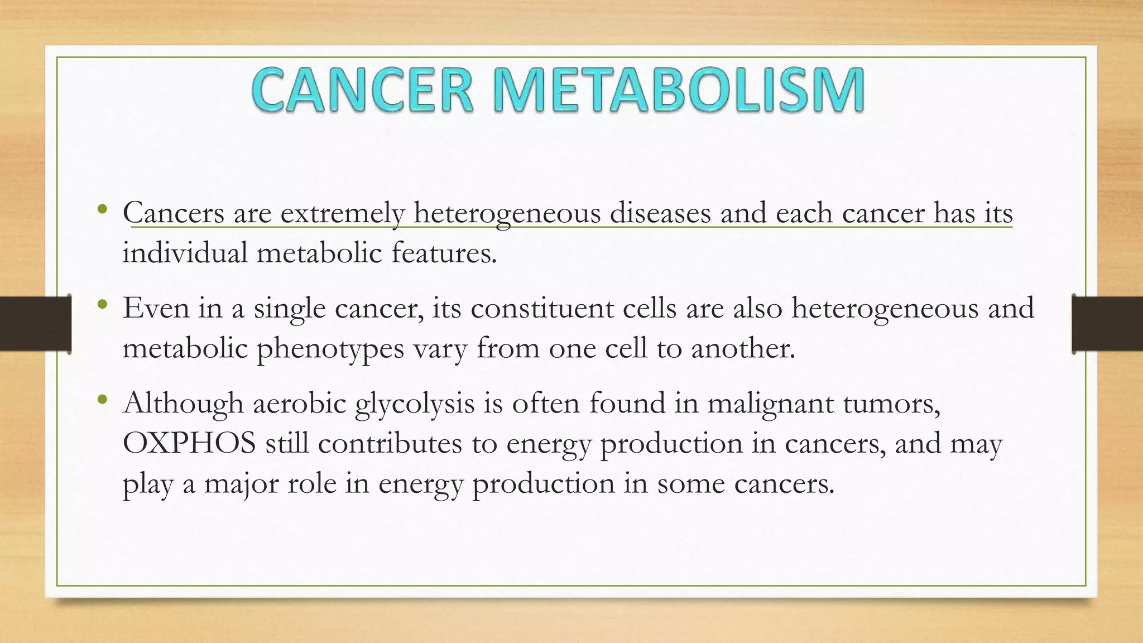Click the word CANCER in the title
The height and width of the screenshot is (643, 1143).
click(363, 89)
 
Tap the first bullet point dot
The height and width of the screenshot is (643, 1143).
click(101, 210)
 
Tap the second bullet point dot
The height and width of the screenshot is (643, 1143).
click(101, 305)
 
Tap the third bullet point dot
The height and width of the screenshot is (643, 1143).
click(101, 400)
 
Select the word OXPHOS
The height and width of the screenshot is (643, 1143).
click(189, 443)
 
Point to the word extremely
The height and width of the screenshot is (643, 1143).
click(342, 214)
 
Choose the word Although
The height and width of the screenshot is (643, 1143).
click(183, 404)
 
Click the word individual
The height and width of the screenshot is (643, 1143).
click(185, 253)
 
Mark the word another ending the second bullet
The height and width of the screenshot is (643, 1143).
click(742, 349)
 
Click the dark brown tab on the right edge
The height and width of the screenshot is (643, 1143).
click(1108, 324)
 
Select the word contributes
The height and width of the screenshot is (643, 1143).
click(390, 444)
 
